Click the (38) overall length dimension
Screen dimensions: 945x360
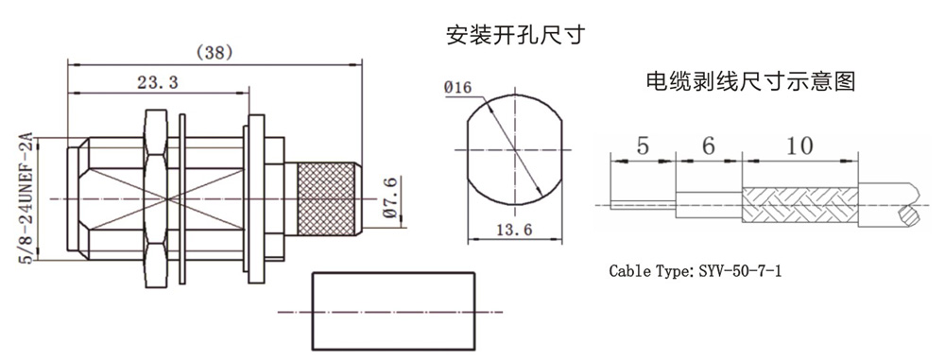pyautogui.click(x=215, y=53)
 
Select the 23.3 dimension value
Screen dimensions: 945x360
pyautogui.click(x=157, y=83)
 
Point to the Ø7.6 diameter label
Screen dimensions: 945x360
pyautogui.click(x=390, y=197)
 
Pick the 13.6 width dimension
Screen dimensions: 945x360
pyautogui.click(x=514, y=230)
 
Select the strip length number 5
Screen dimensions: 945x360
pyautogui.click(x=643, y=146)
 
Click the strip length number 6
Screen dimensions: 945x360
pyautogui.click(x=709, y=146)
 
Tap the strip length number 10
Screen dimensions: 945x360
pyautogui.click(x=799, y=146)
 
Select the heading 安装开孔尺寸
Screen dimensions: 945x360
pyautogui.click(x=515, y=36)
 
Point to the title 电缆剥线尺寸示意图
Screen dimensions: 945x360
pyautogui.click(x=750, y=80)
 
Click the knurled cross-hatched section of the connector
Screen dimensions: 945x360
pyautogui.click(x=326, y=198)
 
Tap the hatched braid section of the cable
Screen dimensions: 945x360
pyautogui.click(x=799, y=206)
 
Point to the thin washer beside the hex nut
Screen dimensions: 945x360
pyautogui.click(x=183, y=198)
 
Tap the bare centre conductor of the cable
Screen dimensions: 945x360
pyautogui.click(x=643, y=205)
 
